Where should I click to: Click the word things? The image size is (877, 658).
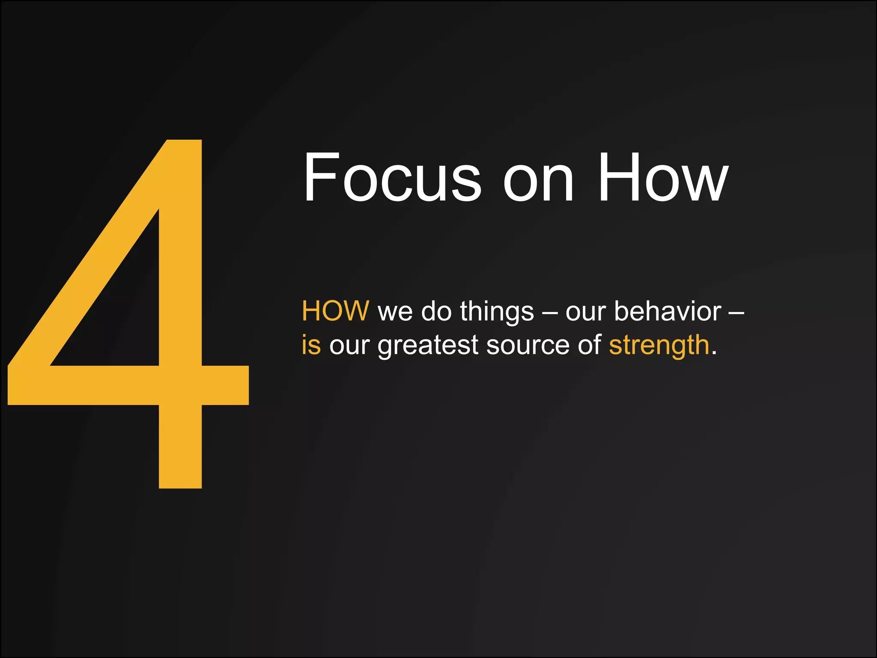coord(497,312)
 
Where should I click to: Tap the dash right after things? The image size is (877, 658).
coord(549,312)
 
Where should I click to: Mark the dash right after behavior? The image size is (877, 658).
coord(736,312)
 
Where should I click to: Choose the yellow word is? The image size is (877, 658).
coord(311,345)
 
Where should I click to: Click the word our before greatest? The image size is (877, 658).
coord(349,346)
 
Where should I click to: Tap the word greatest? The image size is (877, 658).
coord(427,346)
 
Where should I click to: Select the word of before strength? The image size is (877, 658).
coord(590,345)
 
